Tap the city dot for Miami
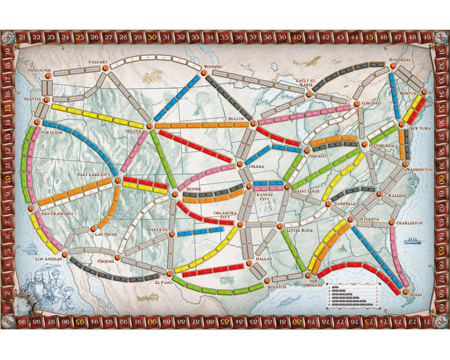[x=406, y=292]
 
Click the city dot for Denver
[x=175, y=194]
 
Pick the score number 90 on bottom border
[x=153, y=322]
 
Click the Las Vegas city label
[x=106, y=234]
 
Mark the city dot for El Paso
[x=169, y=273]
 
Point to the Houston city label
[x=276, y=287]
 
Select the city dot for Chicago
[x=306, y=150]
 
